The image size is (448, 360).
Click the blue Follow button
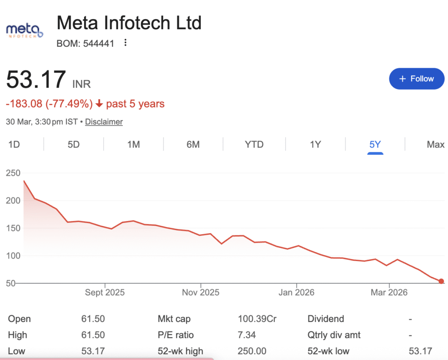click(416, 79)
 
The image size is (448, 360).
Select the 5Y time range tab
click(375, 144)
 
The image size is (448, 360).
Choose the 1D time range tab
click(14, 144)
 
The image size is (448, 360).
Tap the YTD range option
click(254, 144)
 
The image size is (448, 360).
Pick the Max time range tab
click(435, 144)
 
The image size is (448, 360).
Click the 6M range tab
click(193, 144)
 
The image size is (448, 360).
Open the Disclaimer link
click(104, 122)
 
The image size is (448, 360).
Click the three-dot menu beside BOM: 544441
click(126, 43)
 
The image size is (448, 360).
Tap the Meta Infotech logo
click(24, 31)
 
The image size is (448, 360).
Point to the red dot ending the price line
click(441, 281)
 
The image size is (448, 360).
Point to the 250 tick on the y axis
click(14, 173)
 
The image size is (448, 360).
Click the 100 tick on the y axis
click(14, 255)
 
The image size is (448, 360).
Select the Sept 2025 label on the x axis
click(105, 293)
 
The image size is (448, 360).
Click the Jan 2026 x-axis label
click(296, 293)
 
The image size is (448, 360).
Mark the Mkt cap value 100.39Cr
click(257, 319)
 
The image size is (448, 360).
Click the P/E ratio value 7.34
click(247, 335)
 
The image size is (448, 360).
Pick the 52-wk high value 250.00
click(252, 351)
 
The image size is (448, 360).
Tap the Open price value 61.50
click(93, 319)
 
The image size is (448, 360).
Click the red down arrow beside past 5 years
click(99, 104)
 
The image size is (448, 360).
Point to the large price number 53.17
click(36, 80)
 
